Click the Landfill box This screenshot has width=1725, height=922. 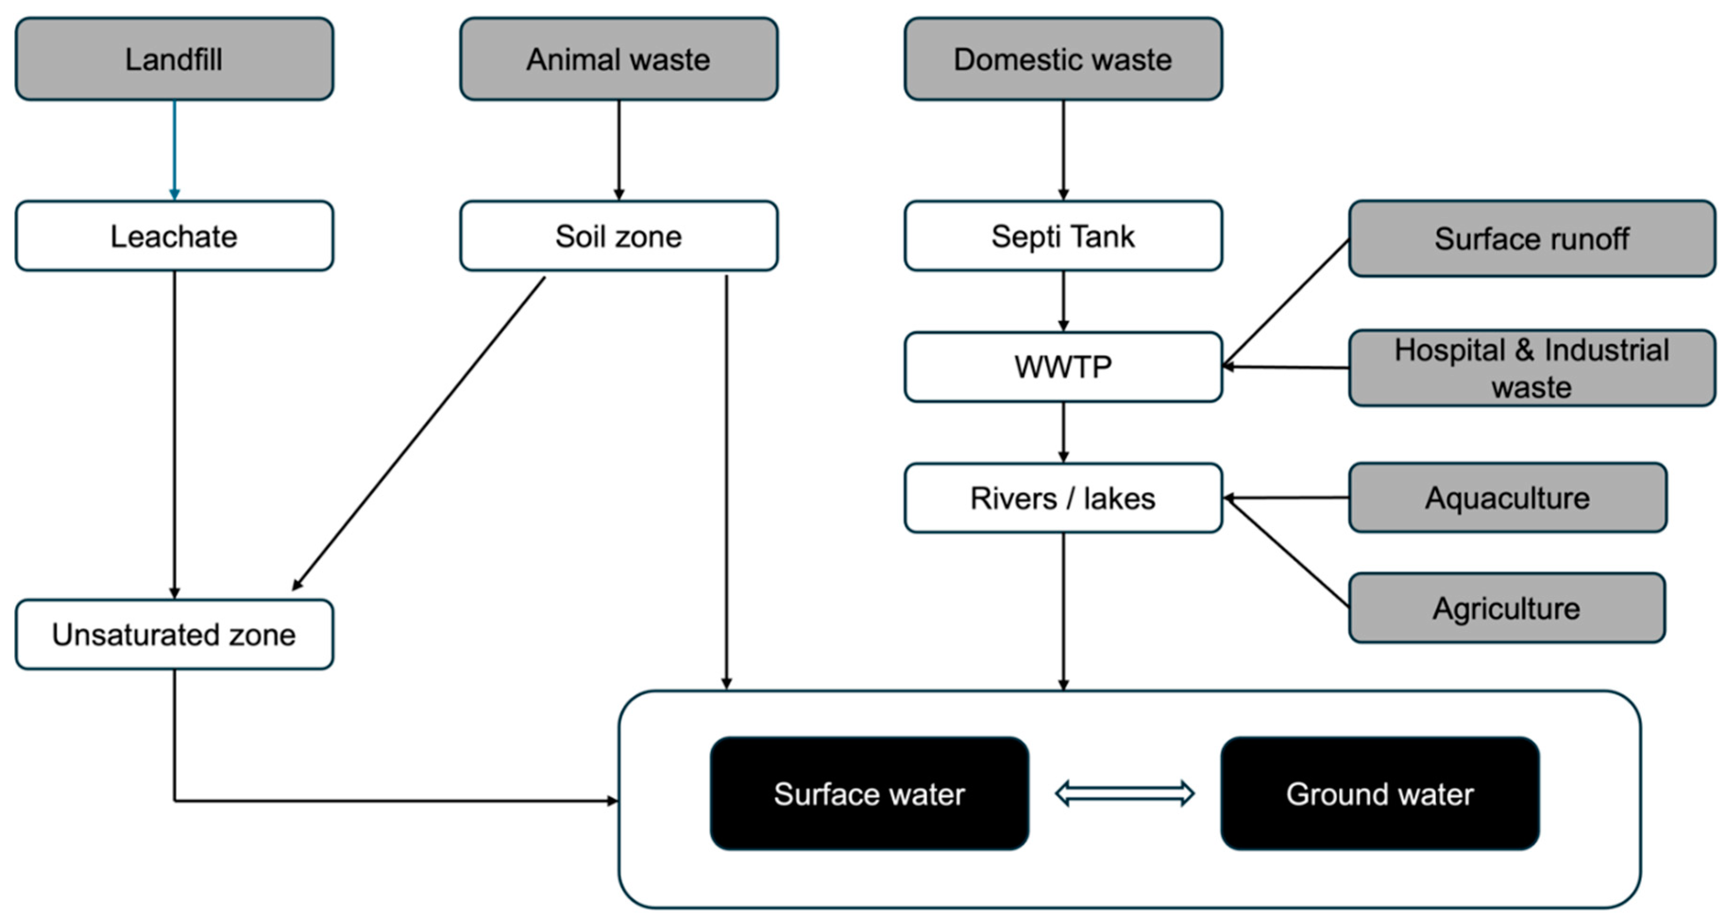coord(174,59)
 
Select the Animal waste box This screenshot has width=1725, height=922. coord(618,59)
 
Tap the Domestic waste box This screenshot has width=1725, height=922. coord(1063,59)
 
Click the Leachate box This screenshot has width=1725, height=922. coord(174,236)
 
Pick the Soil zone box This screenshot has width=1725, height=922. coord(618,236)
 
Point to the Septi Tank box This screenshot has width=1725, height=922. coord(1063,236)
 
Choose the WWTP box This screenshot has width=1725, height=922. coord(1063,366)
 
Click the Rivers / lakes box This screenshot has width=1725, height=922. coord(1063,498)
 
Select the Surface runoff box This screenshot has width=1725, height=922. coord(1531,238)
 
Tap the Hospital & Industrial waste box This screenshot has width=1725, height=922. coord(1531,368)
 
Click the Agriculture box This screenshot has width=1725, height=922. coord(1506,608)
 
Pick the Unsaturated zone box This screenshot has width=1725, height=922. coord(174,634)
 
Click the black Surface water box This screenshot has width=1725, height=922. coord(869,793)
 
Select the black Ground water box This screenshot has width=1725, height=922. coord(1380,793)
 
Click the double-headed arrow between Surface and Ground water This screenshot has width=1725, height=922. coord(1124,793)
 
